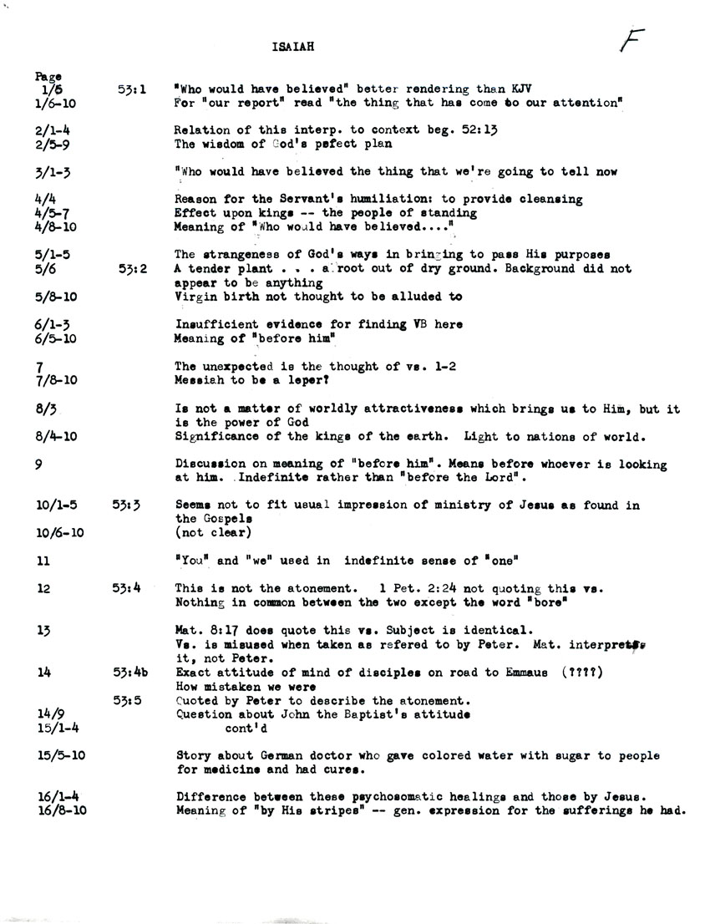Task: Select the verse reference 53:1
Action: pyautogui.click(x=133, y=88)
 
